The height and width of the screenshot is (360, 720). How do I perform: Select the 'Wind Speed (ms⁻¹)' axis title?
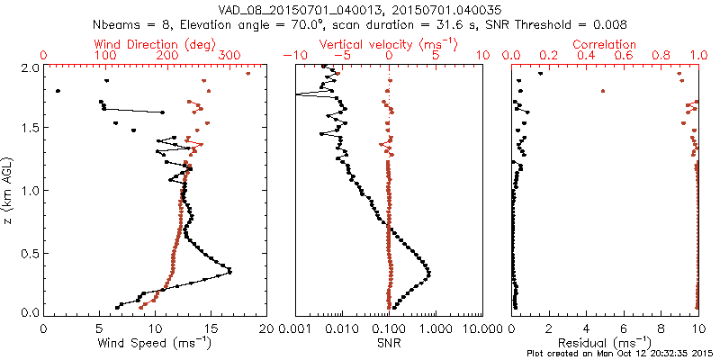155,342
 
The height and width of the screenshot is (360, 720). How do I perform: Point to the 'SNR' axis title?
389,342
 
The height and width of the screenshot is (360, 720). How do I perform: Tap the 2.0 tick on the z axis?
30,67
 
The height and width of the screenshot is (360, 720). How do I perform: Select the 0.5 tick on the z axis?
30,252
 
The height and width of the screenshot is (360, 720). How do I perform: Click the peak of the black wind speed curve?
230,272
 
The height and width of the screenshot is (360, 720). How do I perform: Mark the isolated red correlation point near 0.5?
603,91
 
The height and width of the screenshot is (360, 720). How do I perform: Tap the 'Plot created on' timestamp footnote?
621,354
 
